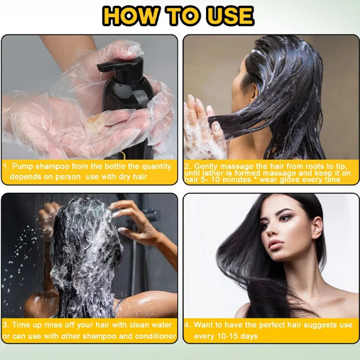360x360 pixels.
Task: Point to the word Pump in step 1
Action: coord(23,166)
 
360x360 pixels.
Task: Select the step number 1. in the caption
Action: coord(6,166)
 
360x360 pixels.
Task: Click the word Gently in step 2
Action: coord(206,166)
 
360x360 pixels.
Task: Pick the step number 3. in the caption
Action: coord(6,325)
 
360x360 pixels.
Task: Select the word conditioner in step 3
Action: coord(155,337)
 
